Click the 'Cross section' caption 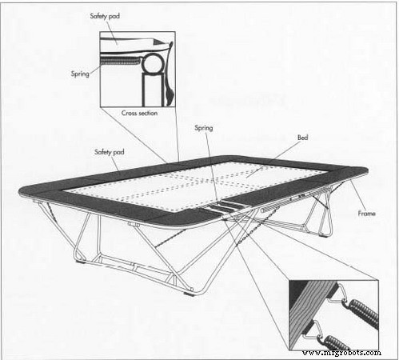click(x=139, y=113)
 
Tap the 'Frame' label click(x=367, y=214)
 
